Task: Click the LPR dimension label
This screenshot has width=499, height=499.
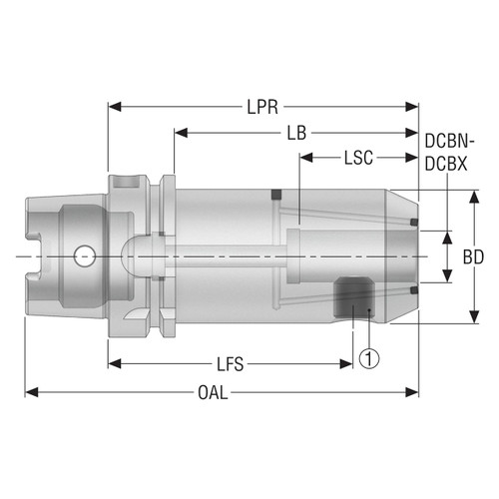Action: pos(264,105)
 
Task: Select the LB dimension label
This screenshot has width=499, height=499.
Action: pos(296,132)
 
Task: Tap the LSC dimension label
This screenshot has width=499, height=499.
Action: pos(360,158)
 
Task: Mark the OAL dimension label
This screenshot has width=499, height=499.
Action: pos(212,392)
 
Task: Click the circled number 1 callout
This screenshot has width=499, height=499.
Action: pos(369,354)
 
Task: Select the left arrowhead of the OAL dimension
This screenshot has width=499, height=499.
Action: pos(31,392)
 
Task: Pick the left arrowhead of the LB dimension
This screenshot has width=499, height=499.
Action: pos(179,132)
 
